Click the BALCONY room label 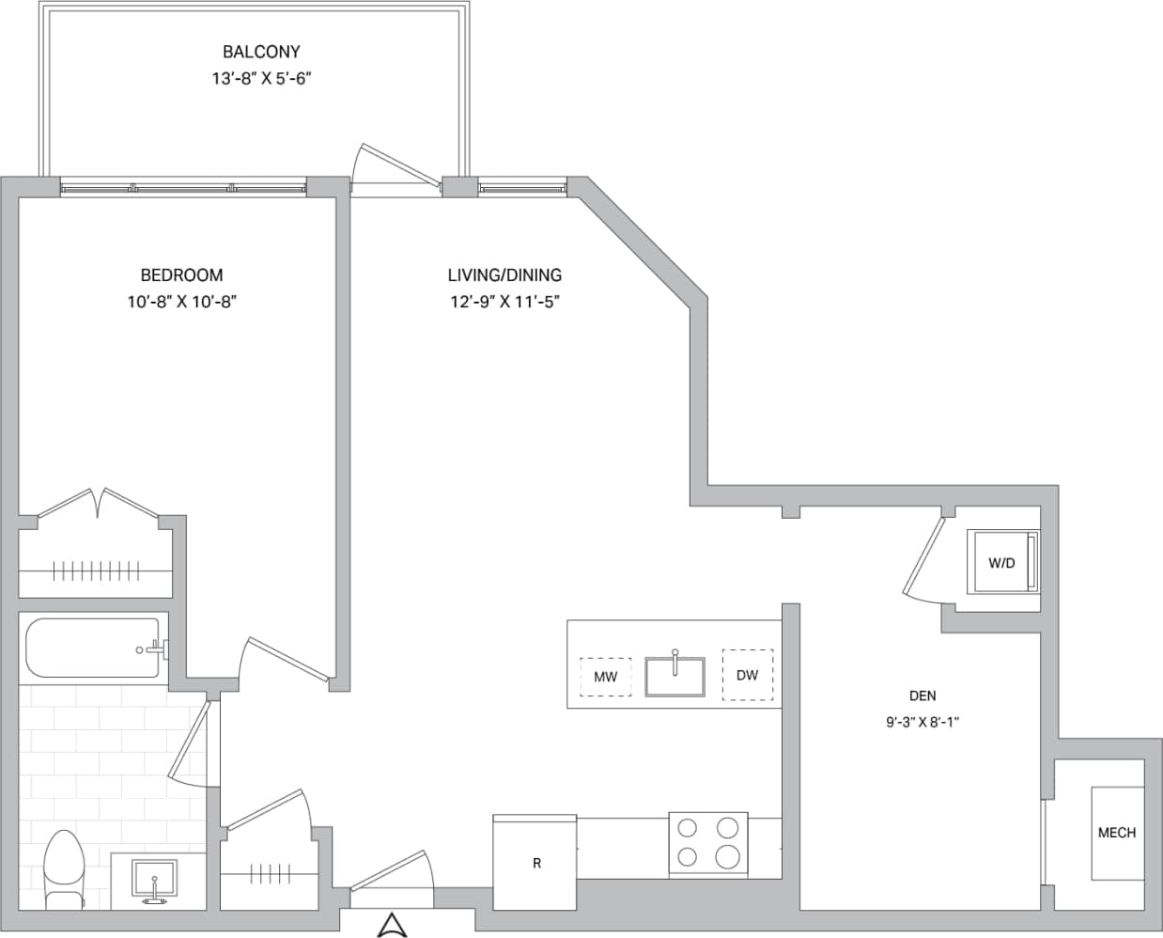coord(261,52)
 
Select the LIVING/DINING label coord(504,275)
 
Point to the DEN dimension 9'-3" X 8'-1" coord(922,723)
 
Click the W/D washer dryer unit coord(1002,562)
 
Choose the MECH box coord(1117,833)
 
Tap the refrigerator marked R coord(535,863)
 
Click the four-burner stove coord(708,843)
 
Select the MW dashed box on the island coord(605,677)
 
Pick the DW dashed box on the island coord(747,675)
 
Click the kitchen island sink coord(675,676)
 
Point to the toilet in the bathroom coord(64,869)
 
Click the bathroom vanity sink coord(154,883)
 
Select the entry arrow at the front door coord(391,925)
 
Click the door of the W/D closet coord(922,557)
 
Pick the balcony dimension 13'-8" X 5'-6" coord(261,79)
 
